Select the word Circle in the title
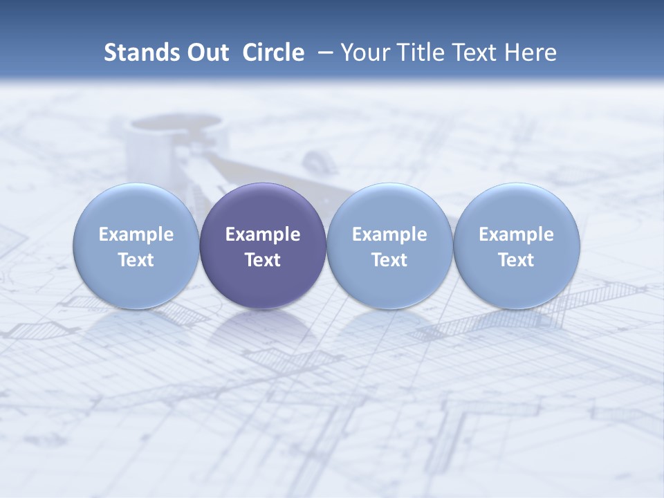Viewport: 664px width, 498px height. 273,53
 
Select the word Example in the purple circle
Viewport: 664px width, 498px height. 263,234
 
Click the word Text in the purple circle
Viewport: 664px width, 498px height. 263,260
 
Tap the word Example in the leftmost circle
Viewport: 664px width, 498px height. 136,234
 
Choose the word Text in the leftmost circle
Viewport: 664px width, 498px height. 136,260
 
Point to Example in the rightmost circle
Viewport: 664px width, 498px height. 516,234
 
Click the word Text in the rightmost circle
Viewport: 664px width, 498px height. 516,260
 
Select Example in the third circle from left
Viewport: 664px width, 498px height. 389,234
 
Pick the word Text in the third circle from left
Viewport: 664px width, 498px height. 389,260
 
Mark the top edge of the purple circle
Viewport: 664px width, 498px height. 263,184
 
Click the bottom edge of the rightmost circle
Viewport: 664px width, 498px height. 516,308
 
